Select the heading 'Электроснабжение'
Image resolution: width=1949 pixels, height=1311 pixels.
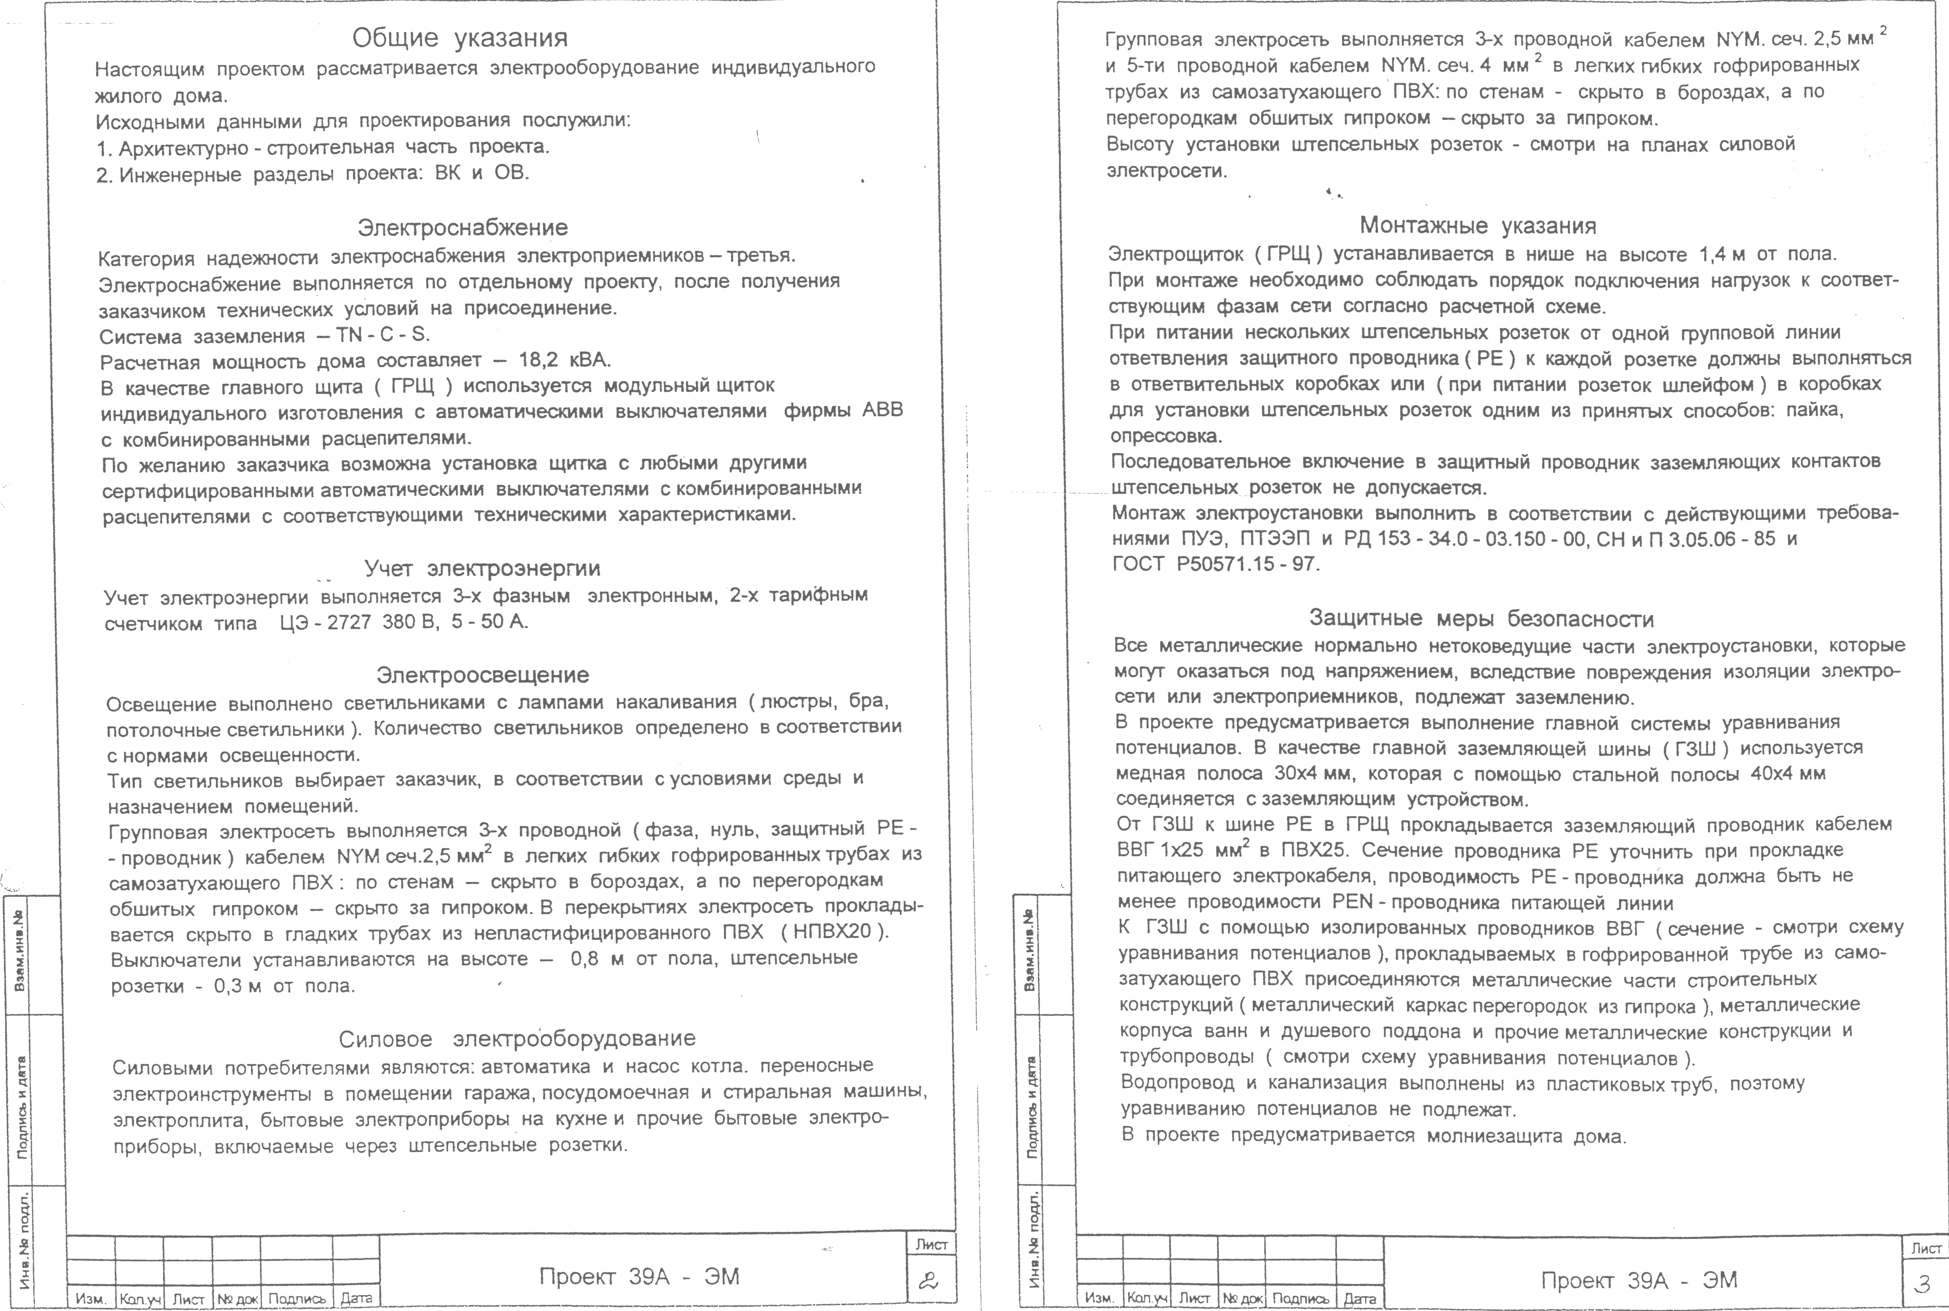[x=463, y=227]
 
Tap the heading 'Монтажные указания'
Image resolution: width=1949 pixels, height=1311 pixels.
[x=1477, y=226]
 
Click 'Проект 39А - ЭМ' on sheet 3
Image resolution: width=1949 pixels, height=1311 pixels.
[x=1640, y=1280]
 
